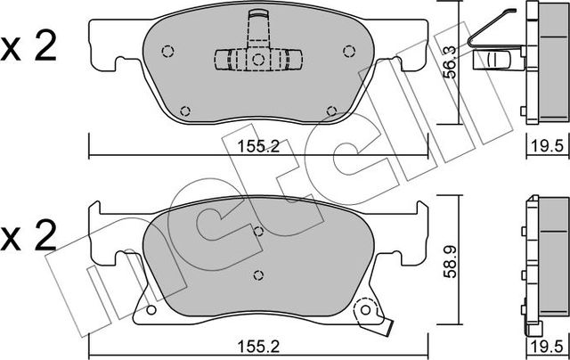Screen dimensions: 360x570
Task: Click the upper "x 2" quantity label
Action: tap(29, 47)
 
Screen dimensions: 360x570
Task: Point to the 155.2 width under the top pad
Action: tap(258, 149)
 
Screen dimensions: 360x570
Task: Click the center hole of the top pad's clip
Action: tap(256, 61)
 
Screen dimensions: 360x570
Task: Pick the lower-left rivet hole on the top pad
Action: tap(185, 110)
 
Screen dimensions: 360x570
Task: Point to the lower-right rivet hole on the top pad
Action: tap(330, 110)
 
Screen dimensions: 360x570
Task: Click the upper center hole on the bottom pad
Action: tap(257, 231)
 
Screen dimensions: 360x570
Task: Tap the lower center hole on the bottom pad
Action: tap(257, 274)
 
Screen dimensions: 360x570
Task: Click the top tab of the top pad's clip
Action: tap(258, 16)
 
